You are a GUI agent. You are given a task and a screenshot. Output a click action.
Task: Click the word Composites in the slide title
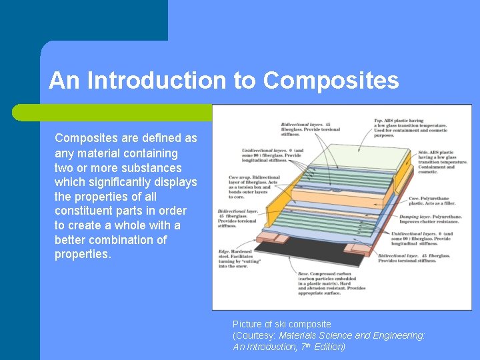(x=331, y=81)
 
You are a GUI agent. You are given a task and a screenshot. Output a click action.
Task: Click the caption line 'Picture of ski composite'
(x=281, y=324)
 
